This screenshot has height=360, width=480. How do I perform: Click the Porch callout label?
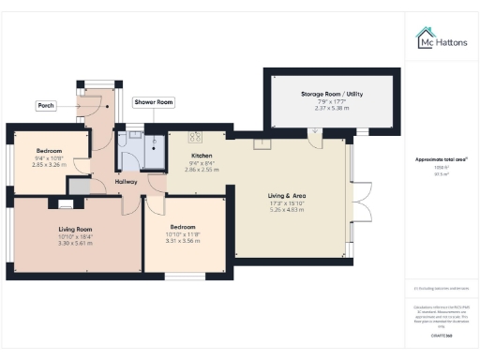(46, 106)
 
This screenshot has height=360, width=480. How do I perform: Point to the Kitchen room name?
(202, 156)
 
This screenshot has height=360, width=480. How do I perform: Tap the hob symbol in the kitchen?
(196, 135)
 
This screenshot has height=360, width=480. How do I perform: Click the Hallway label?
(126, 181)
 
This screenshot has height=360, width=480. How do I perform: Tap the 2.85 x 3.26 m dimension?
(49, 165)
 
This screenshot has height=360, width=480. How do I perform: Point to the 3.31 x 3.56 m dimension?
(183, 241)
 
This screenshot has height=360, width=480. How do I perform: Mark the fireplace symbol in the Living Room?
(66, 202)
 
